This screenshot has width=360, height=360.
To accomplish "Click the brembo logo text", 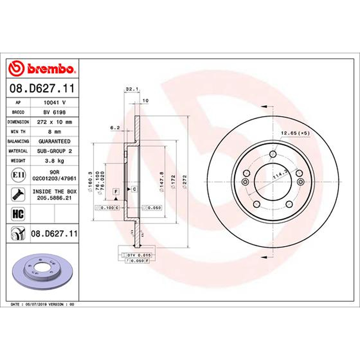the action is [x=51, y=68].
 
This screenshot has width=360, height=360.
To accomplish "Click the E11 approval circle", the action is [x=18, y=175].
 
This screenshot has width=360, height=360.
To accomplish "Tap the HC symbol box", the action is [x=18, y=214].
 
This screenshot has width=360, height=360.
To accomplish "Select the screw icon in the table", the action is [x=18, y=194].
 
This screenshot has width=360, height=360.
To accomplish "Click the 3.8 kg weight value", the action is [x=54, y=161].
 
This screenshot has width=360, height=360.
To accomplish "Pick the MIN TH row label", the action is [x=18, y=131].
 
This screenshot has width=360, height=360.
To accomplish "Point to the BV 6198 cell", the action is [x=54, y=112].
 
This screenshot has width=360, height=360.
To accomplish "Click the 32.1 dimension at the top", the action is [x=132, y=89].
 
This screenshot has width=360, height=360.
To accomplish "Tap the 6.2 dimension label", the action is [x=115, y=128].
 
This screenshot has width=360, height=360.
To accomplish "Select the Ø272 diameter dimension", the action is [x=184, y=182].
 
